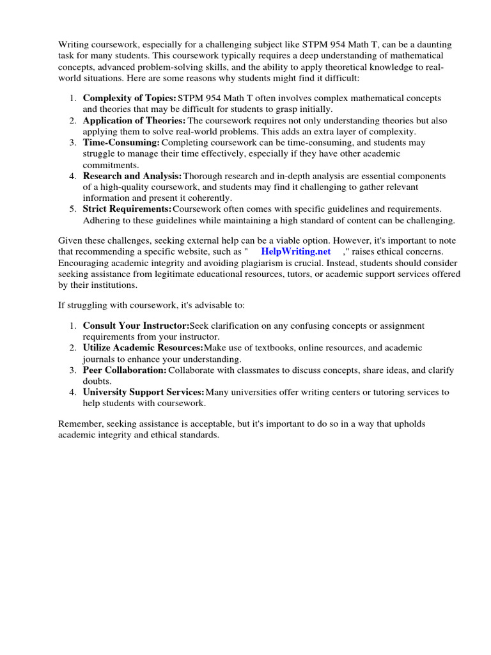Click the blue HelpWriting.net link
pos(296,252)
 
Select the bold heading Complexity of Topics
pos(129,99)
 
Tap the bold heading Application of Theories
pos(134,121)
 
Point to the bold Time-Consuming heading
pos(121,143)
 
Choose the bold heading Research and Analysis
pos(132,176)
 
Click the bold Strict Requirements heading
pos(127,209)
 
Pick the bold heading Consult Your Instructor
pos(136,326)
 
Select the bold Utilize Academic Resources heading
pos(143,348)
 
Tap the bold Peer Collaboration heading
pos(125,370)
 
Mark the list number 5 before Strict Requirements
pos(72,209)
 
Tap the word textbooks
pos(274,348)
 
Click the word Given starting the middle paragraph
pos(71,241)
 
